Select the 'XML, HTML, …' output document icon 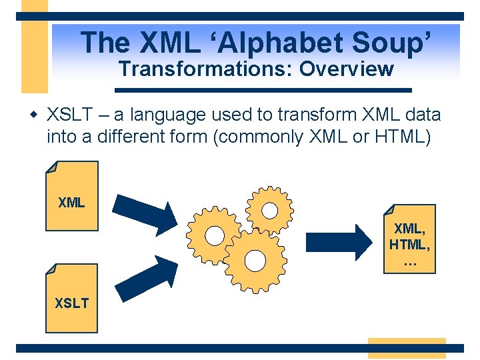tap(410, 238)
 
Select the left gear tap(214, 235)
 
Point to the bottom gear tap(255, 259)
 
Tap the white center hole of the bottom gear tap(255, 259)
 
